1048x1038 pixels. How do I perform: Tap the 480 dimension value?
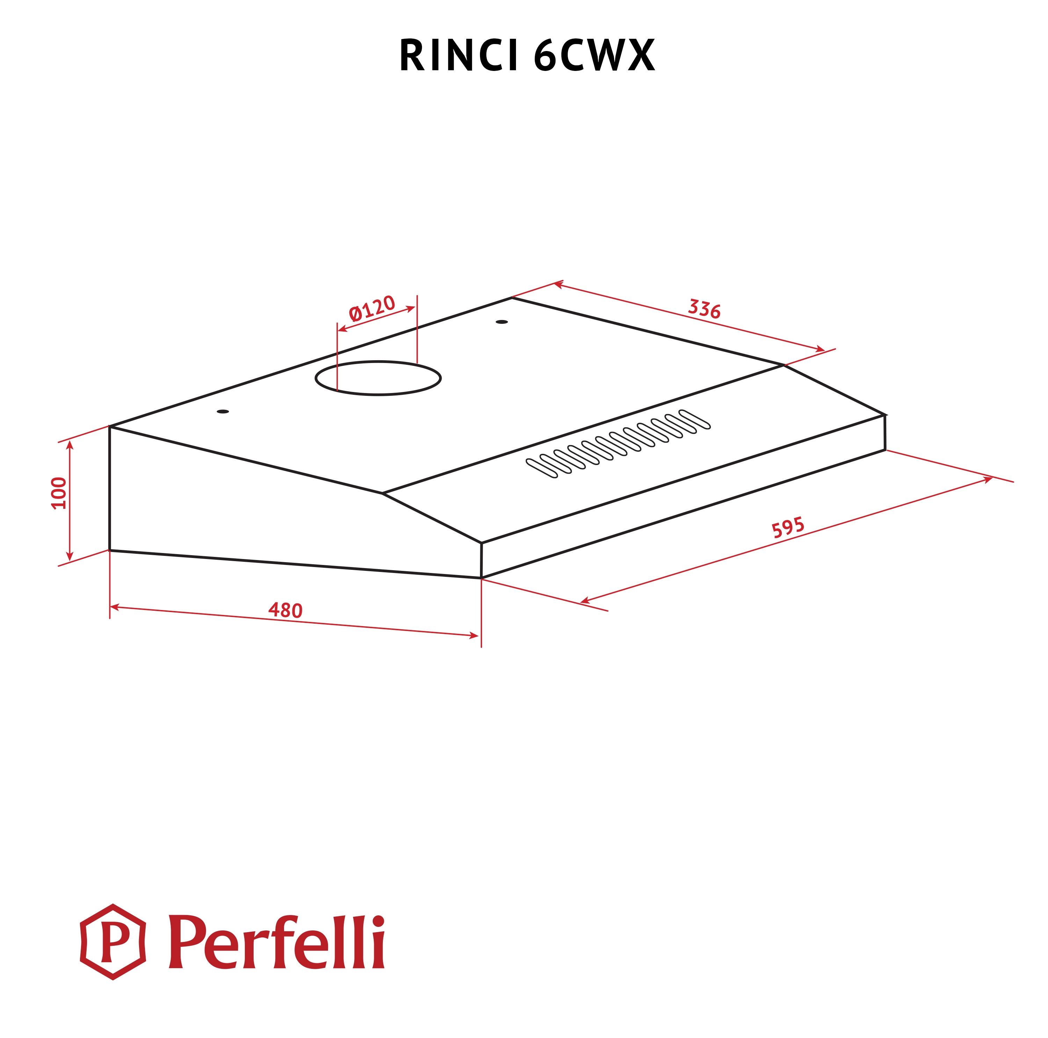tap(285, 610)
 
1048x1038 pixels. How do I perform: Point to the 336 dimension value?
tap(704, 309)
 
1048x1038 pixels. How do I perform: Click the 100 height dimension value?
tap(59, 493)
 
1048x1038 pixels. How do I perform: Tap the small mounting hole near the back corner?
tap(502, 322)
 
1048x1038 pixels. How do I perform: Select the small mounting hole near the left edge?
tap(223, 412)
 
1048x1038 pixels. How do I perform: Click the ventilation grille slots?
tap(618, 444)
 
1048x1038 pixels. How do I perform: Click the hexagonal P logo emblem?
tap(113, 942)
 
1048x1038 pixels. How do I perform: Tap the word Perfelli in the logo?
tap(277, 942)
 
